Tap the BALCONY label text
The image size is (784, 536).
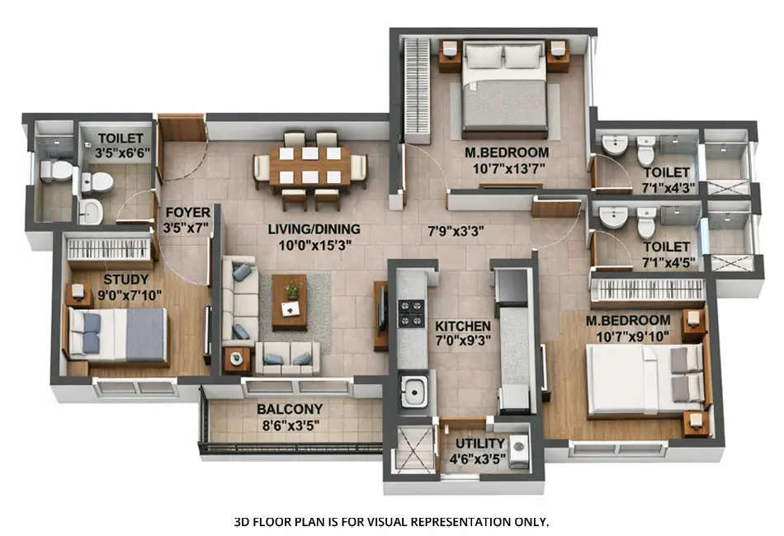(x=289, y=409)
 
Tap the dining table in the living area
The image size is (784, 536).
(x=310, y=166)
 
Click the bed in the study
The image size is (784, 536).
(x=118, y=335)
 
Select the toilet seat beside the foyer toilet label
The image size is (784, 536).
(x=100, y=181)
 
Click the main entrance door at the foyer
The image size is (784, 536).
(x=182, y=128)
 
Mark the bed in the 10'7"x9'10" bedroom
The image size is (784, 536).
(x=645, y=378)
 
